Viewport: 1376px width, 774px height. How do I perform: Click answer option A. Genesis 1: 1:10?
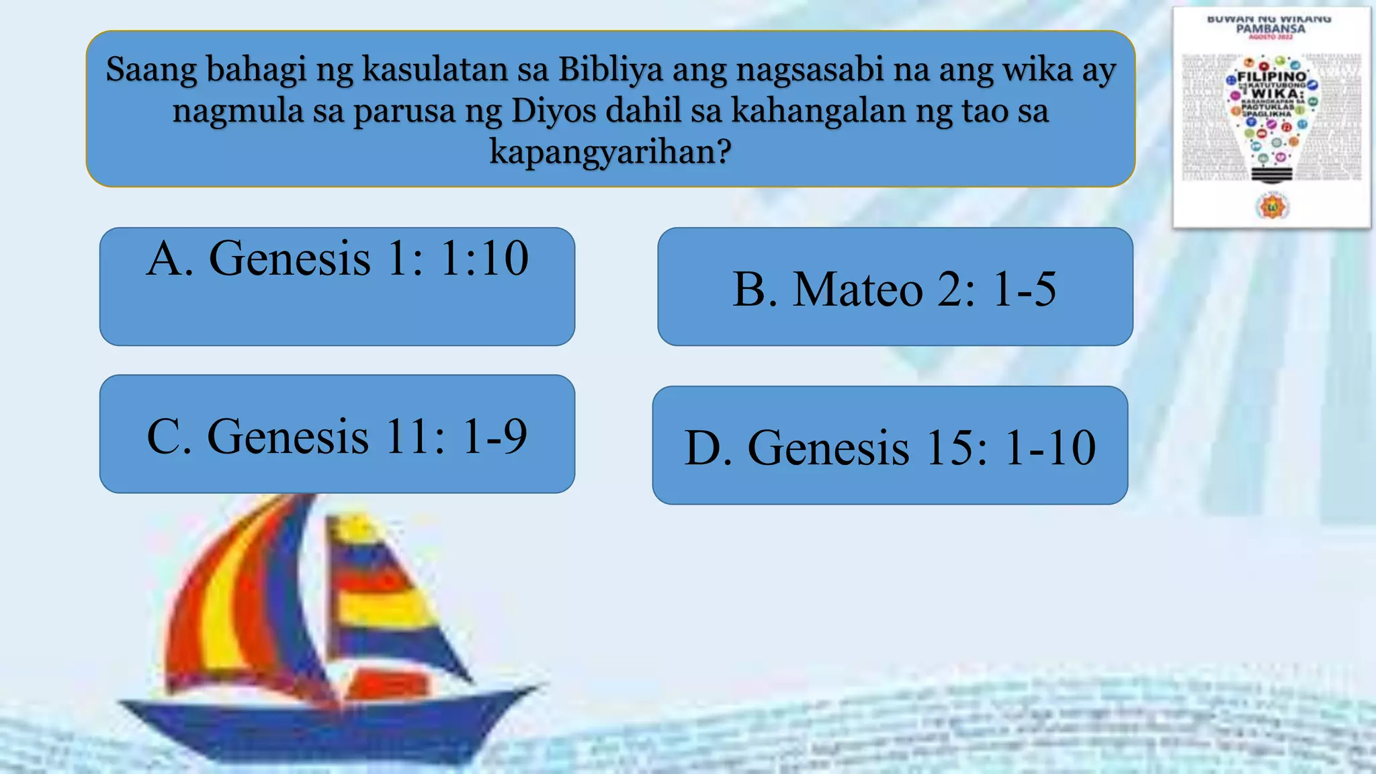(x=337, y=286)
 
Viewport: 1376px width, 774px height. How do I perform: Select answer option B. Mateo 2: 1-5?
(x=895, y=288)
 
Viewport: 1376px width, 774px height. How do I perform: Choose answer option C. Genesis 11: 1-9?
(x=337, y=435)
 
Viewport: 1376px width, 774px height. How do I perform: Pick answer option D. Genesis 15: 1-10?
(x=890, y=445)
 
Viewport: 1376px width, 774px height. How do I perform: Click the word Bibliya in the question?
(x=611, y=69)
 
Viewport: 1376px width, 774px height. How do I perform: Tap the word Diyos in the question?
(x=554, y=111)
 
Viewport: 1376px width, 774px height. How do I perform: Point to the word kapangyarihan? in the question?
(x=610, y=152)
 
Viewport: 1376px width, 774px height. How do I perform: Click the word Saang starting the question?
(x=151, y=69)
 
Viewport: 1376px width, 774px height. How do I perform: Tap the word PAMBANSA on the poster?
(x=1271, y=30)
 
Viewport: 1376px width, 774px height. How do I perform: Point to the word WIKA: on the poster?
(x=1277, y=94)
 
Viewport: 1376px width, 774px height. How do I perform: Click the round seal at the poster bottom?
(x=1272, y=207)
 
